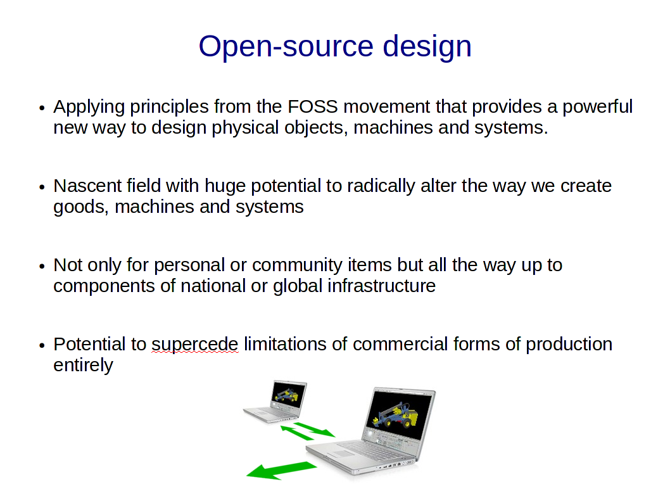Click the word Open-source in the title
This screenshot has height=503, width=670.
click(286, 47)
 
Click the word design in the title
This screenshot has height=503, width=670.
click(427, 47)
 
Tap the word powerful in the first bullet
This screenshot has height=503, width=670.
click(597, 107)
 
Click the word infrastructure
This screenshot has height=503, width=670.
click(381, 286)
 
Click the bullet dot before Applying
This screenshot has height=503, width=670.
click(41, 108)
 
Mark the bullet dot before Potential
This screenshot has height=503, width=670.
click(41, 345)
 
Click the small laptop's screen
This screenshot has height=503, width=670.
click(289, 395)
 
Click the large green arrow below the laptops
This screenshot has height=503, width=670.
click(282, 470)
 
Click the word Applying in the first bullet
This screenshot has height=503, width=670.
click(89, 107)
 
